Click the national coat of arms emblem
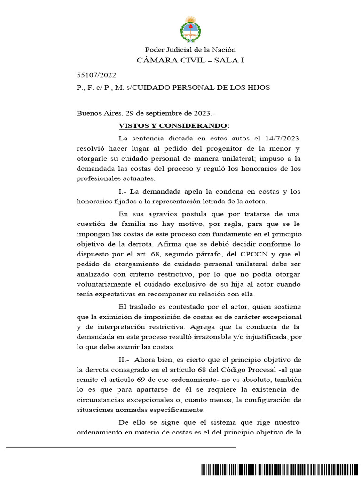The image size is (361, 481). coord(190,29)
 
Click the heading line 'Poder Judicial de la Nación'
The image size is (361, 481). coord(190,50)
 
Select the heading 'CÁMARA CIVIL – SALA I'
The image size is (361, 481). coord(190,60)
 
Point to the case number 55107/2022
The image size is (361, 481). coord(96,75)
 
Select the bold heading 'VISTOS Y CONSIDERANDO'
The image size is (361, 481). coord(173,126)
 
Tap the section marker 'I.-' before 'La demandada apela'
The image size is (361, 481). coord(123,191)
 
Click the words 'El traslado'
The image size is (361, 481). coord(138,307)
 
